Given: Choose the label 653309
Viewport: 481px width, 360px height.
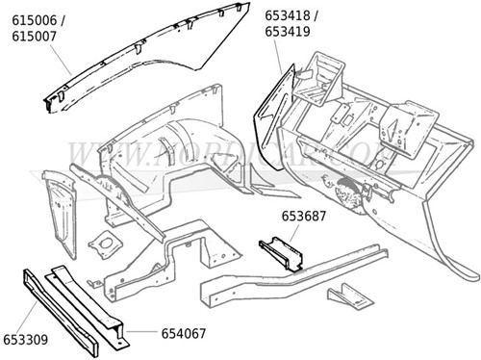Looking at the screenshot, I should click(x=28, y=340).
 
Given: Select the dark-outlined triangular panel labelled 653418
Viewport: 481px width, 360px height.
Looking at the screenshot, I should click(x=270, y=106).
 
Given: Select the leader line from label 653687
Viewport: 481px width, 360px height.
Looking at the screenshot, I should click(x=292, y=232).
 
